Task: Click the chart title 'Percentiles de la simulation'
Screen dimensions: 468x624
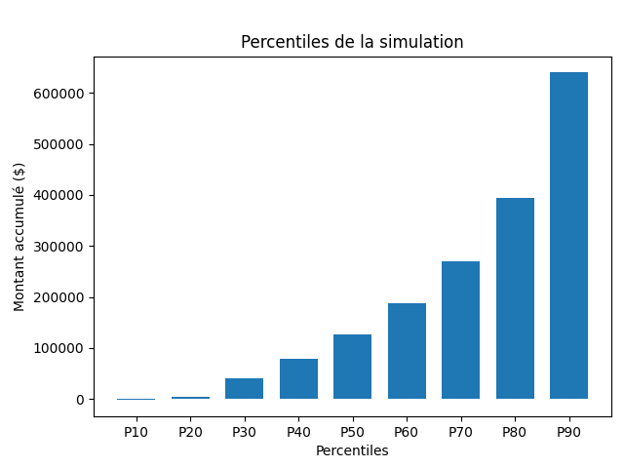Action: coord(352,42)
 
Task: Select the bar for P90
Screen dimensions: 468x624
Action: coord(568,235)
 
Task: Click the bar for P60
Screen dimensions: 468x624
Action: coord(407,351)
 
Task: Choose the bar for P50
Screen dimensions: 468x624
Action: coord(352,367)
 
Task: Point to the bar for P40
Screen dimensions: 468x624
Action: coord(298,378)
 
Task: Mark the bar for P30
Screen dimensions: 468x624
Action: coord(244,388)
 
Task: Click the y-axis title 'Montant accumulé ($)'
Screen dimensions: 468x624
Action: coord(19,237)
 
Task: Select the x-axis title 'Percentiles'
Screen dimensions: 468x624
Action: coord(352,450)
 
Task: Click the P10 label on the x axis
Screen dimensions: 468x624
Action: coord(136,431)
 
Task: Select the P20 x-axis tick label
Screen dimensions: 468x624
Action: coord(190,431)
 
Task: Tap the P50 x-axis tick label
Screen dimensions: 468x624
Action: coord(352,431)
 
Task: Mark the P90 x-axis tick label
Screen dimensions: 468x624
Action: coord(568,431)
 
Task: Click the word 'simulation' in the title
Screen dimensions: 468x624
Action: coord(422,42)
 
